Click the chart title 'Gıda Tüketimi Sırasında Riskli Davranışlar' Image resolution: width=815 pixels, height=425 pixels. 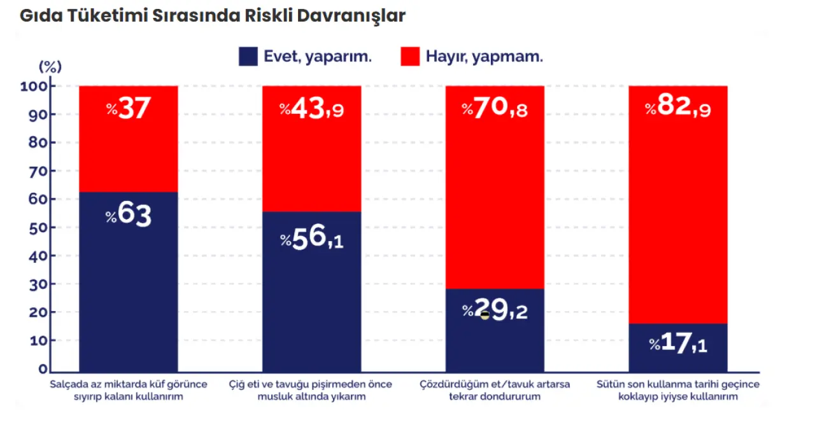(212, 17)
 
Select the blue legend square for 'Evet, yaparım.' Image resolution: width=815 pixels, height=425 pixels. (248, 56)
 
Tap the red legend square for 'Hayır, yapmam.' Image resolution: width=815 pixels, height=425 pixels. (410, 56)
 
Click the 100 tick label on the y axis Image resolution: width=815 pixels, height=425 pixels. (35, 86)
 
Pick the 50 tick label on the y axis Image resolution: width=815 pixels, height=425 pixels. (38, 227)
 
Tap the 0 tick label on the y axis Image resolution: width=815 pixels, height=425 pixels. (42, 368)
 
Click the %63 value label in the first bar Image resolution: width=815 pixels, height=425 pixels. (129, 215)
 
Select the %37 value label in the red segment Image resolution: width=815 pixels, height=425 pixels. (129, 109)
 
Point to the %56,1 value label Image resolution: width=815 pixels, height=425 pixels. (312, 240)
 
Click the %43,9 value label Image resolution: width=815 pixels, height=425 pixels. (312, 109)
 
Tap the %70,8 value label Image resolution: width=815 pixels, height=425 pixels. (495, 109)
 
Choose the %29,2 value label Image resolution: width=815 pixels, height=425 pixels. (495, 311)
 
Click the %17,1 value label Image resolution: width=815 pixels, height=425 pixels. (678, 344)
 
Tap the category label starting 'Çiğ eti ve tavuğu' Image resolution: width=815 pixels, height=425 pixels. (311, 390)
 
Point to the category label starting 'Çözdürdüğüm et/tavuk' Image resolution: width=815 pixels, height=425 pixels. (495, 390)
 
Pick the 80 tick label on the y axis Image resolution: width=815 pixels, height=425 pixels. (38, 143)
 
